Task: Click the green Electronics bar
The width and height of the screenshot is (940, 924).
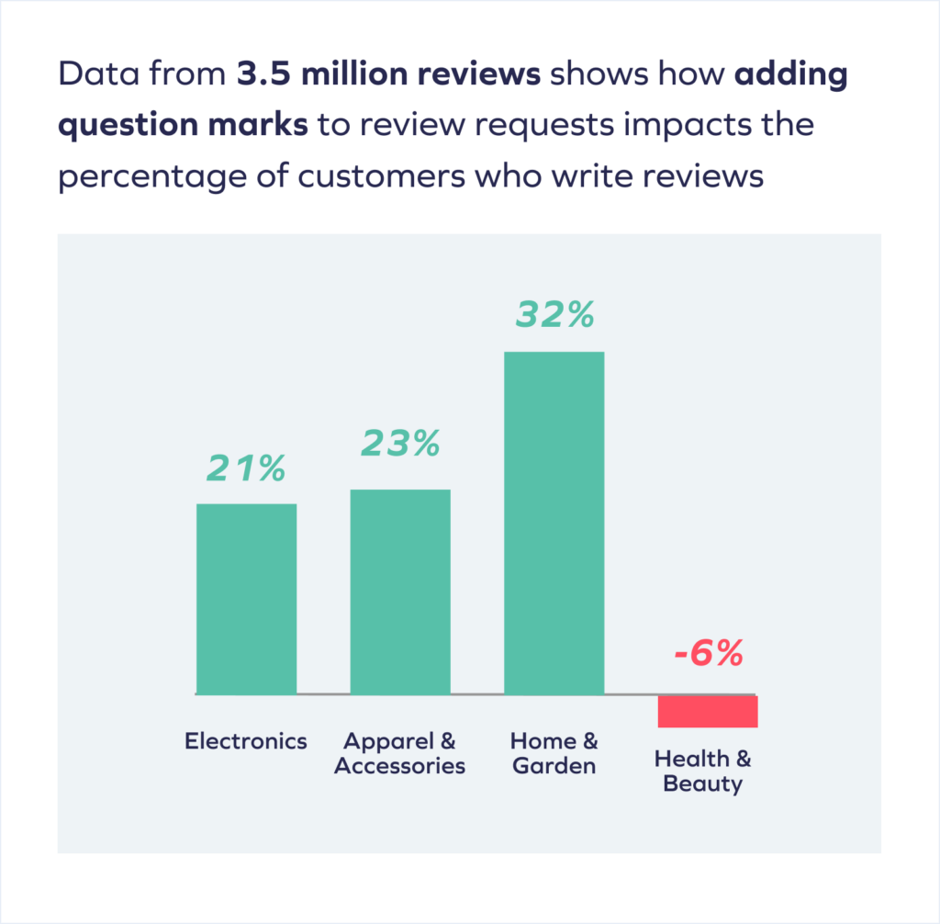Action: tap(246, 599)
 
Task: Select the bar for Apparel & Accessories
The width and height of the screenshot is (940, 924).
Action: tap(400, 592)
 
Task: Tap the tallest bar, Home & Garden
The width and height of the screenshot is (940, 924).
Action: tap(554, 523)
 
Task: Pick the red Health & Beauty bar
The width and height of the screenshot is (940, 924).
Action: tap(707, 711)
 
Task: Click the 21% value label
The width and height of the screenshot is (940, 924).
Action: tap(246, 469)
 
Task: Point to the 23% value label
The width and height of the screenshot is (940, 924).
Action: tap(400, 444)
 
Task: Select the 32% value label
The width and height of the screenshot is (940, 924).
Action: tap(554, 315)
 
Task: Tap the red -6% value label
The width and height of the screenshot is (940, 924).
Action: tap(707, 656)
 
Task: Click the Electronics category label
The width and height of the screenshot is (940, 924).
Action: tap(246, 741)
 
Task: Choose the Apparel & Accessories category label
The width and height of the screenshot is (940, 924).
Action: tap(400, 753)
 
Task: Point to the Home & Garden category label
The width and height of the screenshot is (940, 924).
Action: tap(554, 753)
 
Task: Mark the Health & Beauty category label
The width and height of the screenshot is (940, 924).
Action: tap(703, 772)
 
